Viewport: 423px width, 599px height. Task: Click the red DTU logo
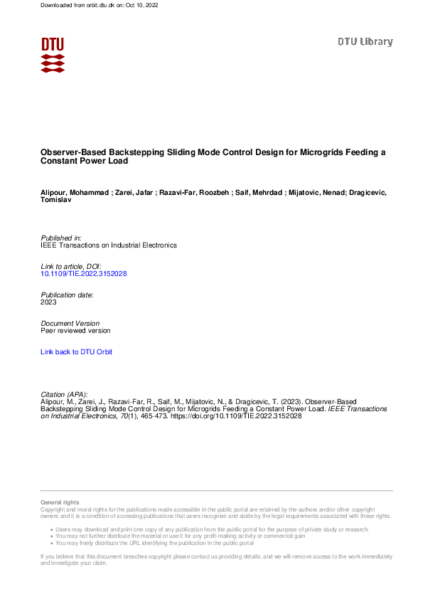[53, 55]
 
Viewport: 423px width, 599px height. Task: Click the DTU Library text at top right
[365, 42]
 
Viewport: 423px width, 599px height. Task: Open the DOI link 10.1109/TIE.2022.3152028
[84, 273]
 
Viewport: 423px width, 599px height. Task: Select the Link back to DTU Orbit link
[76, 352]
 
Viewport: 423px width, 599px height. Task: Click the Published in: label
[61, 238]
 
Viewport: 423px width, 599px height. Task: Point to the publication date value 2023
[49, 302]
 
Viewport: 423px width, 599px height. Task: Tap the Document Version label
[70, 323]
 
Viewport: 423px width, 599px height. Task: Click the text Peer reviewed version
[76, 330]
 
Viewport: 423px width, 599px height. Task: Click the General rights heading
[60, 502]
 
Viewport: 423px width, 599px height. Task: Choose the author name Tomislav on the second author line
[56, 200]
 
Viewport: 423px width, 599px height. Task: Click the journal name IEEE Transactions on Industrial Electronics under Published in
[109, 245]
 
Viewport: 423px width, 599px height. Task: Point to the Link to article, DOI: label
[72, 266]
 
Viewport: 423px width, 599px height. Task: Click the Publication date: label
[68, 295]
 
